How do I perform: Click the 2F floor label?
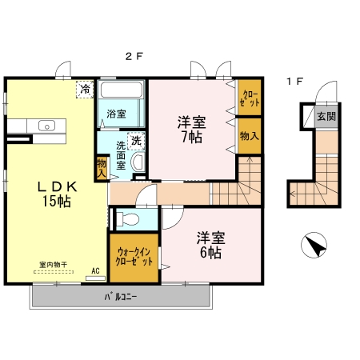[x=130, y=57]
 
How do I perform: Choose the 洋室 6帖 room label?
[x=210, y=245]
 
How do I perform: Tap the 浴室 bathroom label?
[x=117, y=114]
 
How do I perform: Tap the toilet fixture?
[x=127, y=218]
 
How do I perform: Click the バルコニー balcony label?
[x=120, y=296]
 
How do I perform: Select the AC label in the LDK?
[x=95, y=270]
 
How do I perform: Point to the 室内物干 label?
[x=53, y=264]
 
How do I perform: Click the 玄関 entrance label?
[x=326, y=116]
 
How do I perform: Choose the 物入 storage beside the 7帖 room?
[x=250, y=135]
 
